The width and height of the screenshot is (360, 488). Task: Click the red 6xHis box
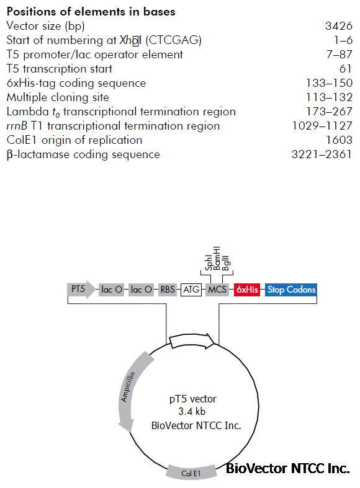point(247,290)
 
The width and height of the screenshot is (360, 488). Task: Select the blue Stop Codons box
point(291,290)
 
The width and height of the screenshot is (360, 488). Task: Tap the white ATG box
point(191,290)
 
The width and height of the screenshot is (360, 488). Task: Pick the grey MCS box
point(217,290)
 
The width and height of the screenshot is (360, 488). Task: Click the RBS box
point(168,290)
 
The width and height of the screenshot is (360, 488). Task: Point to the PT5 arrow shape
point(81,290)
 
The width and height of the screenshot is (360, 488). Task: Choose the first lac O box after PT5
point(112,290)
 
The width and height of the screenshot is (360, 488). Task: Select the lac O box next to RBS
point(141,290)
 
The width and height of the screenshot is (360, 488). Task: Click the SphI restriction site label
point(209,263)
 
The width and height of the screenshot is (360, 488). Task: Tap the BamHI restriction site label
point(217,259)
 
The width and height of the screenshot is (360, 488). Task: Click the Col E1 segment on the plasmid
point(191,472)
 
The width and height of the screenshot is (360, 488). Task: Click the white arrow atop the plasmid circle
point(192,341)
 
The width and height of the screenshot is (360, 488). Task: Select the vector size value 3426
point(339,26)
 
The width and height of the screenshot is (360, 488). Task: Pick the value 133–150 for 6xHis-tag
point(329,83)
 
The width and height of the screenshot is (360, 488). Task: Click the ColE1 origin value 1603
point(339,140)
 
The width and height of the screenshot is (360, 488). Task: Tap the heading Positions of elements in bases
point(91,12)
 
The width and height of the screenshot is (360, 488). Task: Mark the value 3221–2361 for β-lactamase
point(322,154)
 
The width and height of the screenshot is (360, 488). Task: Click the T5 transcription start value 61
point(346,69)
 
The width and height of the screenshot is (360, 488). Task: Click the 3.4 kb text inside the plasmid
point(192,412)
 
